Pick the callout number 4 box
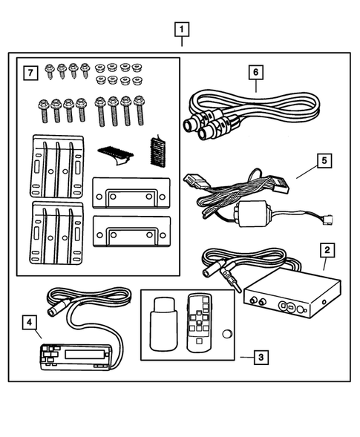pos(28,323)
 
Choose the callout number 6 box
pos(257,72)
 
